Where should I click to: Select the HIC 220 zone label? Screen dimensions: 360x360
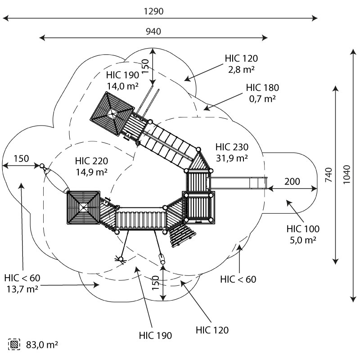[92, 161]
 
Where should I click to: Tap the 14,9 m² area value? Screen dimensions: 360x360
[92, 171]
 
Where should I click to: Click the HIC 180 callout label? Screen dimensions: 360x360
[262, 87]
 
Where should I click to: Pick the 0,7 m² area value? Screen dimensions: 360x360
[262, 98]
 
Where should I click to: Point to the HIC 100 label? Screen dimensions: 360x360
[303, 229]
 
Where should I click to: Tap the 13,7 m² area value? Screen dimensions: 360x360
[22, 288]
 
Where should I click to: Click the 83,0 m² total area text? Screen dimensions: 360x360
[41, 345]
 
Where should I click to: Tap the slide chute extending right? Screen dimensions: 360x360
[238, 183]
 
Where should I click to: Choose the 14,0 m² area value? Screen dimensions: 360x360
[122, 85]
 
